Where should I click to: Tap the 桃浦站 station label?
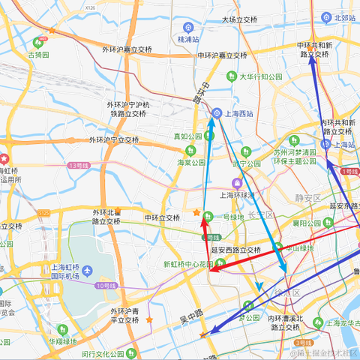[188, 38]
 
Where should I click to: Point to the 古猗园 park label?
[38, 55]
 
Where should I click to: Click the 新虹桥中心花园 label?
[188, 264]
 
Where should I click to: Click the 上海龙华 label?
[343, 323]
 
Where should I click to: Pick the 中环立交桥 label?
[161, 218]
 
